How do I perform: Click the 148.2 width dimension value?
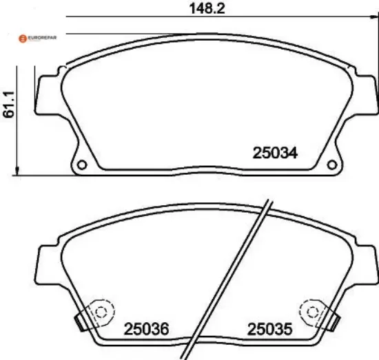click(207, 8)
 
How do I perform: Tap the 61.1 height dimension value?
click(9, 105)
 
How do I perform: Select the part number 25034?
click(275, 153)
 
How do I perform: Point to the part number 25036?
click(146, 329)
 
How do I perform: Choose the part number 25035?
click(269, 329)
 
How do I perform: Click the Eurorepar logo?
click(37, 38)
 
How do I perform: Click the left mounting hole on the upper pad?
click(82, 165)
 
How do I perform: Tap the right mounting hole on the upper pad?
click(332, 165)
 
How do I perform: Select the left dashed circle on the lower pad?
click(101, 313)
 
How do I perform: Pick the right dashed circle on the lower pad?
click(313, 313)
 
